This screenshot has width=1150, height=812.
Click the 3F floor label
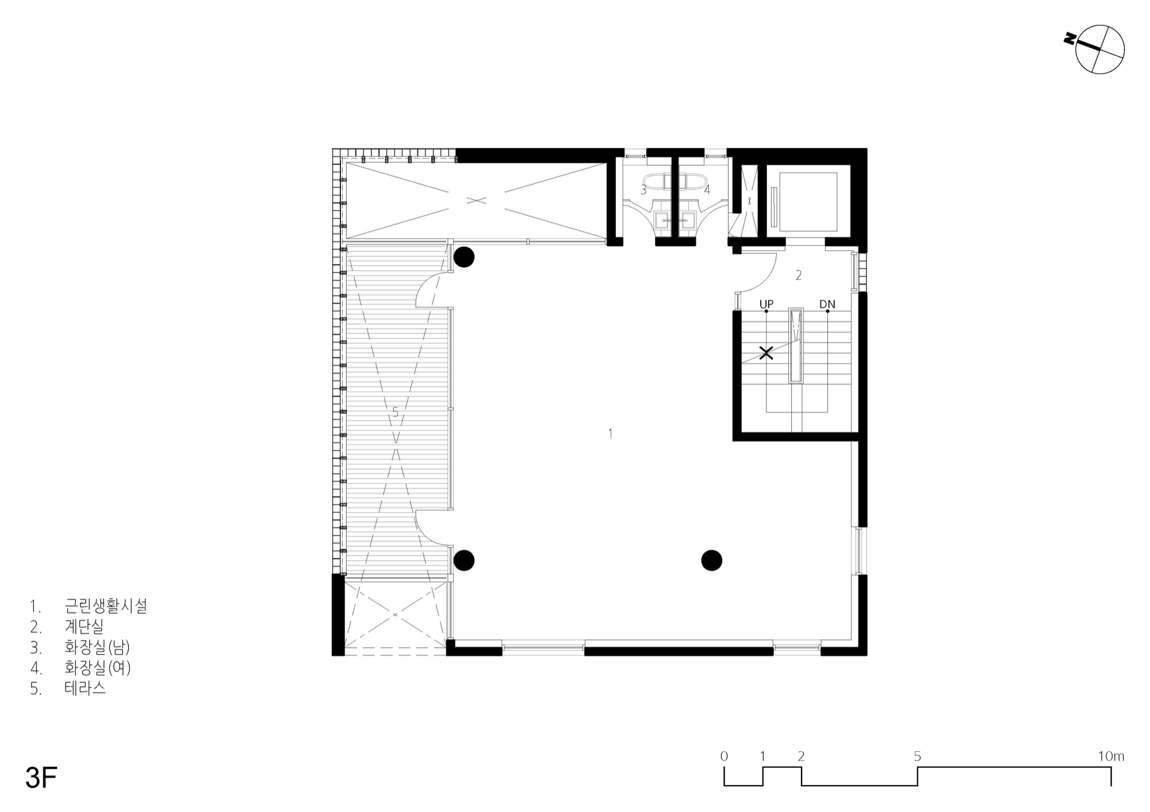coord(41,778)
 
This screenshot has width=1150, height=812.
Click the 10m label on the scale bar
coord(1111,756)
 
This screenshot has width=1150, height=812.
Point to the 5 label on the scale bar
coord(917,756)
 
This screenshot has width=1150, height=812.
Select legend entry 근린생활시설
coord(106,606)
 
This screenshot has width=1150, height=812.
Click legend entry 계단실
coord(84,626)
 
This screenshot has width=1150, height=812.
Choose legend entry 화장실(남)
coord(97,647)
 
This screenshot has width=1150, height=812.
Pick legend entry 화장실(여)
coord(98,668)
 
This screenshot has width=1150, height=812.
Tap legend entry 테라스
coord(85,688)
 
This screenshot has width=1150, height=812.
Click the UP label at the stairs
coord(766,304)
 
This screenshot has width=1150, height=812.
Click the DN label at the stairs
coord(827,304)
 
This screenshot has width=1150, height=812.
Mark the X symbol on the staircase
coord(766,353)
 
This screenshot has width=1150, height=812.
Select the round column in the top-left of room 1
coord(463,257)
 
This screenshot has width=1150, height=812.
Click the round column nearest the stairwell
coord(712,560)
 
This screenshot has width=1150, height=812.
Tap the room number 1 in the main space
coord(611,433)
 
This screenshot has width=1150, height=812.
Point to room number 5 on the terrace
coord(395,412)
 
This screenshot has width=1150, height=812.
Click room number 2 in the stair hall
coord(799,275)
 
